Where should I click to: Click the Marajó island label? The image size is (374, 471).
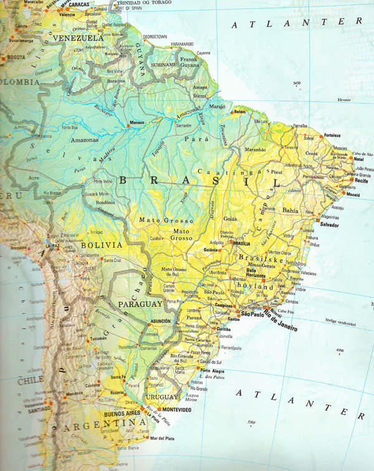217,106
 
